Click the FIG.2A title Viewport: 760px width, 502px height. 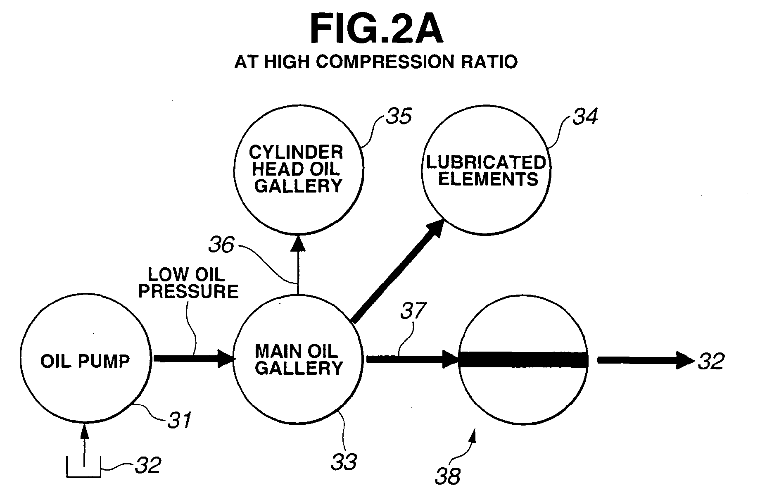click(376, 29)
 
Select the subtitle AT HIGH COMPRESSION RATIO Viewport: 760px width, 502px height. click(376, 62)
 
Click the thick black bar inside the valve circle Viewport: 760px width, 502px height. click(523, 359)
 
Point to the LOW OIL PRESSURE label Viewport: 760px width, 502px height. click(188, 283)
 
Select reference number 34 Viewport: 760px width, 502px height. click(585, 117)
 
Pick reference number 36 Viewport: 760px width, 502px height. click(221, 245)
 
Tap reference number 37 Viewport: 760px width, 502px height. click(413, 311)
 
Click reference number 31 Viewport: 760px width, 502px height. click(180, 421)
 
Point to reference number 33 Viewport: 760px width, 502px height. click(344, 462)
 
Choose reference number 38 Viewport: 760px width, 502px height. click(448, 476)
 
